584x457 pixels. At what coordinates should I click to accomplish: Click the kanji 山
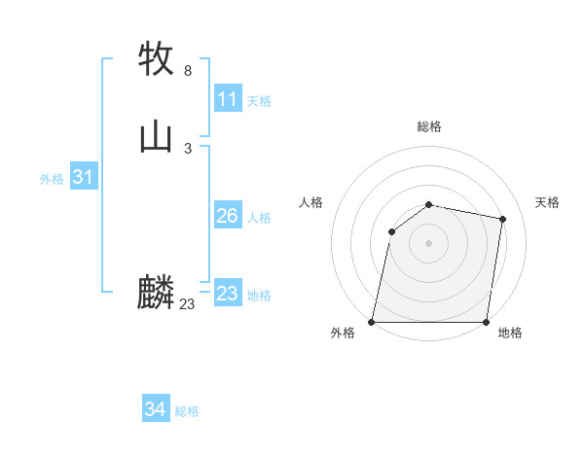pos(157,135)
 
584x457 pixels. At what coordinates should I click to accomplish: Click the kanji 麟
pos(157,292)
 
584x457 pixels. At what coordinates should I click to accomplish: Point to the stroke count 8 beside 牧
pos(188,71)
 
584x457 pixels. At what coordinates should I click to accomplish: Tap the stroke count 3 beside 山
pos(188,148)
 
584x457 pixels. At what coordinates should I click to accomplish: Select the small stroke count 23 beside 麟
pos(188,304)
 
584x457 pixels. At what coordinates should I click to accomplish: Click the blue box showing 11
pos(228,99)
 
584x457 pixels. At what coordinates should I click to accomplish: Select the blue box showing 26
pos(228,216)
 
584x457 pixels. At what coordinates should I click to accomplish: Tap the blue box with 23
pos(228,294)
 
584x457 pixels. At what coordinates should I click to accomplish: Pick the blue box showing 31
pos(83,177)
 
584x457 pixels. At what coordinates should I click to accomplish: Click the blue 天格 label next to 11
pos(259,101)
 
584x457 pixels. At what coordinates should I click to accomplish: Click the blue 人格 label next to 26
pos(259,218)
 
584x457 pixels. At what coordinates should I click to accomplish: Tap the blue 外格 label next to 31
pos(52,179)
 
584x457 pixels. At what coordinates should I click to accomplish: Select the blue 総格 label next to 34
pos(187,411)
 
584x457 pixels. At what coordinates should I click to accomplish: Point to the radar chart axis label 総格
pos(429,126)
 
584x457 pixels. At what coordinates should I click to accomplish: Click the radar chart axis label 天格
pos(547,202)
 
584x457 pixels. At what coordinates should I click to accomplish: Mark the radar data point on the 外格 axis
pos(372,322)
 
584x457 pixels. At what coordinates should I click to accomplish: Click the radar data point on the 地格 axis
pos(487,322)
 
